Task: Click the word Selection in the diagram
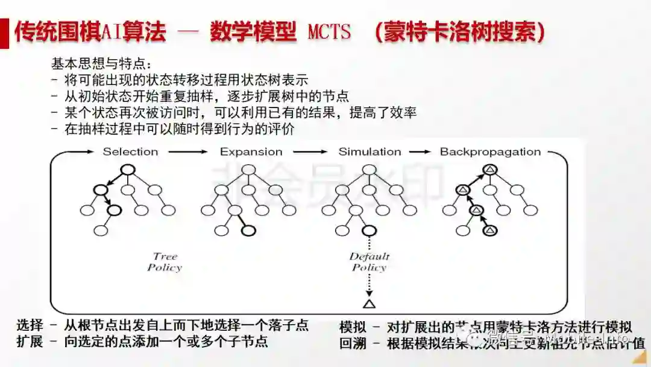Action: click(x=130, y=152)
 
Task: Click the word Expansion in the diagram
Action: click(x=251, y=152)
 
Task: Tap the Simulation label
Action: click(x=370, y=152)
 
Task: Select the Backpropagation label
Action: click(x=490, y=152)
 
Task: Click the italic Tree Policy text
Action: click(x=165, y=262)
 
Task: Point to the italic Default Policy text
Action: click(x=369, y=262)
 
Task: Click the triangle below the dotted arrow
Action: click(x=369, y=303)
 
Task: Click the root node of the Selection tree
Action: click(x=127, y=170)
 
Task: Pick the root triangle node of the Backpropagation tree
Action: click(x=490, y=170)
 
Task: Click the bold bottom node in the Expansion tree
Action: click(x=248, y=231)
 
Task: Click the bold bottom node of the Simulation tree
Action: click(x=368, y=231)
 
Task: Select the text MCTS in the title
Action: click(x=329, y=32)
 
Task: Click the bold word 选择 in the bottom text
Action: click(x=30, y=326)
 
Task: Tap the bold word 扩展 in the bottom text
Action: click(x=30, y=342)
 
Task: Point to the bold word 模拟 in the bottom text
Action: click(x=353, y=328)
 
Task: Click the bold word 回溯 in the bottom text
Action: click(x=353, y=343)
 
